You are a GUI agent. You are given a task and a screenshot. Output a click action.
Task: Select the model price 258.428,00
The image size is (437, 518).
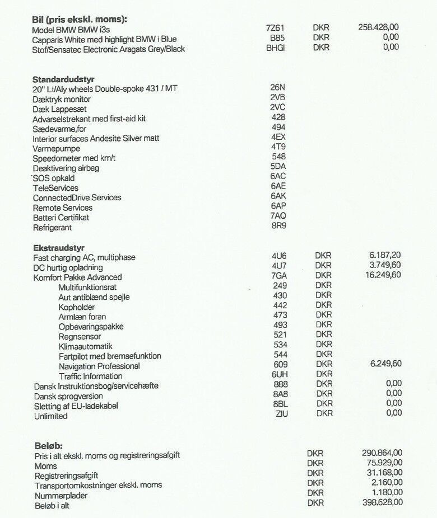[378, 26]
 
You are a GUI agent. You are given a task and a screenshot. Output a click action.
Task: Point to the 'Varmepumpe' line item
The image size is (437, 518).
[56, 148]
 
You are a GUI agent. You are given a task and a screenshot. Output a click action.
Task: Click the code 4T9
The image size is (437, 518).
[278, 147]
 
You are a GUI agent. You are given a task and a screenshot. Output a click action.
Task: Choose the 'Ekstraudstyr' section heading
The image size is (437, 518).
[59, 247]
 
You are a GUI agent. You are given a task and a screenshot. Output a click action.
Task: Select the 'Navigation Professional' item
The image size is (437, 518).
[99, 366]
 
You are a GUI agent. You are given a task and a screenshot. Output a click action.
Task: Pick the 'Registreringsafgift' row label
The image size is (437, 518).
[66, 475]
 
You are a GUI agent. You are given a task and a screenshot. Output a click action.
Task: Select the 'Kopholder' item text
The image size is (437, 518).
[77, 307]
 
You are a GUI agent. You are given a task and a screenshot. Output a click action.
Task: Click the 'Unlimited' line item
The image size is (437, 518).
[50, 416]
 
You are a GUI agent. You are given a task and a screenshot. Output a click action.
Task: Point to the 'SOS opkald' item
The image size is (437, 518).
[54, 178]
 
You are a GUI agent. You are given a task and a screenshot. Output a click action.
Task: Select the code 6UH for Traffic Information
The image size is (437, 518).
[280, 374]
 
